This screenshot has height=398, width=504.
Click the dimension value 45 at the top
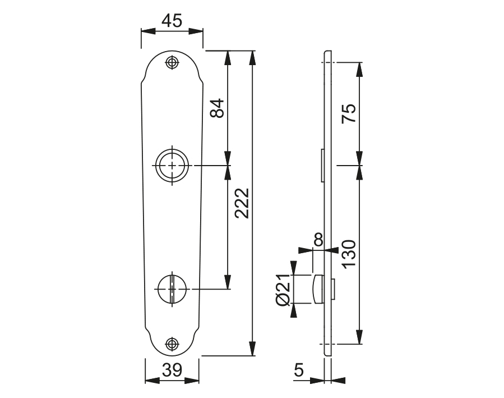point(172,21)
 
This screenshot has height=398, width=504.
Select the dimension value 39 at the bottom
point(172,370)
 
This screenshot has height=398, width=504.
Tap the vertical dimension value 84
point(218,108)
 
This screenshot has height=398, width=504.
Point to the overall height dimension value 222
point(242,203)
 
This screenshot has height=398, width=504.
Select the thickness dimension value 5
point(298,370)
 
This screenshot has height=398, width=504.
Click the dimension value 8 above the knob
point(318,240)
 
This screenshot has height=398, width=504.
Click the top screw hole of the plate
point(172,62)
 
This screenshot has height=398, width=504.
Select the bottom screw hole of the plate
point(172,344)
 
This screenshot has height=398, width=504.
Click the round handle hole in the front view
point(172,166)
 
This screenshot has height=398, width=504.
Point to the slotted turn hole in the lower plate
point(172,289)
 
